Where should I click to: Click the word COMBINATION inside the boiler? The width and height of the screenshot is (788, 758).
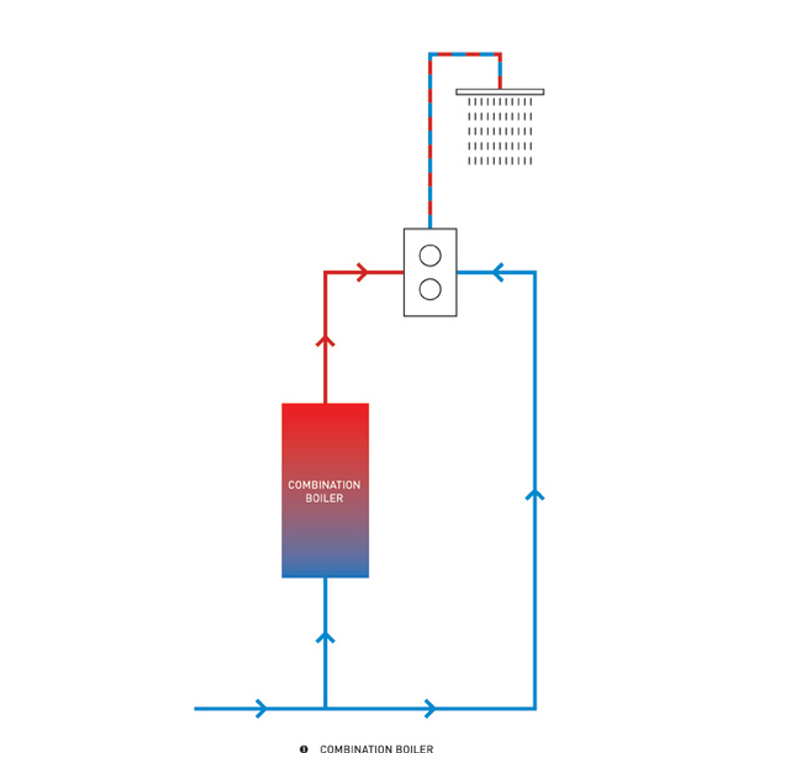pos(324,485)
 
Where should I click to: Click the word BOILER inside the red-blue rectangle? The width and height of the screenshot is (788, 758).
pos(324,498)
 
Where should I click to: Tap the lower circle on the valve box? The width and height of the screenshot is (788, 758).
pos(430,289)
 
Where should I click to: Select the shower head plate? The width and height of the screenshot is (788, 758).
pos(500,92)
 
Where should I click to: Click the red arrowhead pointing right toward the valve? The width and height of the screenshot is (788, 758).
pos(363,272)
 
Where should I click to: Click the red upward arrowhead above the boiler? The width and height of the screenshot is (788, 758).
pos(325,341)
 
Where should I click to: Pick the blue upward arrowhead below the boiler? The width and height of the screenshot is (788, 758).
pos(325,636)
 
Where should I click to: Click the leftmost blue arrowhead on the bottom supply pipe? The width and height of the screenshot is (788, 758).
pos(261,708)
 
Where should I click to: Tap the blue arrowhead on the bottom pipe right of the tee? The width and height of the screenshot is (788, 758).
pos(430,708)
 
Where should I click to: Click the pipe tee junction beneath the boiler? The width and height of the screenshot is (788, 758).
pos(325,708)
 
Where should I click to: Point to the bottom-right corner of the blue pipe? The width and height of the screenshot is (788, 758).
pos(536,708)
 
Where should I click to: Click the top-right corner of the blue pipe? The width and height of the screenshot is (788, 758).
pos(536,272)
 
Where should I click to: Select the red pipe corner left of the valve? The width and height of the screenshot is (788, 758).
pos(325,272)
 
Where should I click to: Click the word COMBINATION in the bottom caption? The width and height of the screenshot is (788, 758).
pos(352,749)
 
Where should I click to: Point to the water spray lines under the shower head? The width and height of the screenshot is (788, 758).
pos(501,131)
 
